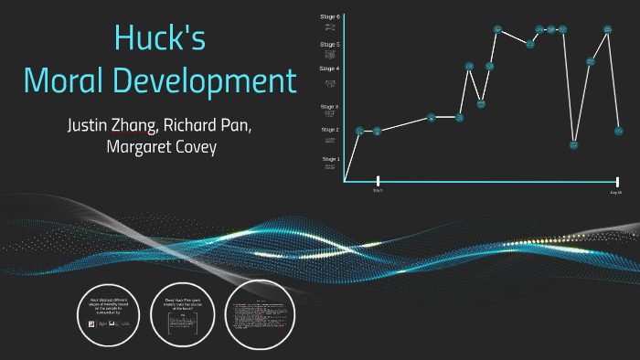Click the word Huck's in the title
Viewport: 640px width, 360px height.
point(160,37)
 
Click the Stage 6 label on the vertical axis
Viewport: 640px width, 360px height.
point(330,17)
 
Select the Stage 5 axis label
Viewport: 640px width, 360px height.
point(330,44)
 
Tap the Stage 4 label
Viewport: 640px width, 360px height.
point(330,69)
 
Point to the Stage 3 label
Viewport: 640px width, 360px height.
point(330,107)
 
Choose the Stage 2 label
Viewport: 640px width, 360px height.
point(330,130)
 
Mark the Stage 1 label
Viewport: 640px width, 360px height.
point(330,159)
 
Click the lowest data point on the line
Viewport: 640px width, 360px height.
point(574,143)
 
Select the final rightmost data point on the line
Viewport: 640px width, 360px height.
point(619,131)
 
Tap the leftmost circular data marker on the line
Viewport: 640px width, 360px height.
point(359,131)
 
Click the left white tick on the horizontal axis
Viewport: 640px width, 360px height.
point(378,181)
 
